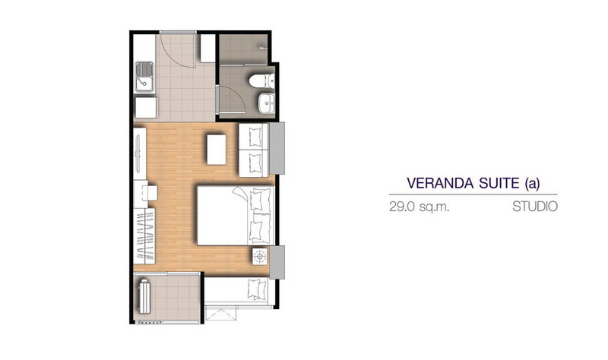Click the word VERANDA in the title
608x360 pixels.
pyautogui.click(x=441, y=183)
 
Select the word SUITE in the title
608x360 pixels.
pyautogui.click(x=499, y=183)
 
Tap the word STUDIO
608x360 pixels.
pyautogui.click(x=535, y=207)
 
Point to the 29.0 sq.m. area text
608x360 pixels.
pyautogui.click(x=420, y=207)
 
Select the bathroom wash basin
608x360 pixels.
pyautogui.click(x=267, y=103)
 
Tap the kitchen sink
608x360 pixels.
pyautogui.click(x=144, y=77)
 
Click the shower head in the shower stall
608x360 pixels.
pyautogui.click(x=264, y=48)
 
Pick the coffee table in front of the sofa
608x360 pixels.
pyautogui.click(x=216, y=149)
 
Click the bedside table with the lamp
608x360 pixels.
pyautogui.click(x=260, y=256)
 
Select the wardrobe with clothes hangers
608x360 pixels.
pyautogui.click(x=144, y=236)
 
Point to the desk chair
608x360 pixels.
pyautogui.click(x=150, y=193)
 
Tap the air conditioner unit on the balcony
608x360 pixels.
pyautogui.click(x=144, y=296)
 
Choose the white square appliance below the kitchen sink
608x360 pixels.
pyautogui.click(x=146, y=107)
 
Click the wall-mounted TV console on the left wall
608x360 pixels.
pyautogui.click(x=140, y=153)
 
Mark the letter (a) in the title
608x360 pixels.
pyautogui.click(x=531, y=183)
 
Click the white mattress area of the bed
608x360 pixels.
pyautogui.click(x=222, y=216)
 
